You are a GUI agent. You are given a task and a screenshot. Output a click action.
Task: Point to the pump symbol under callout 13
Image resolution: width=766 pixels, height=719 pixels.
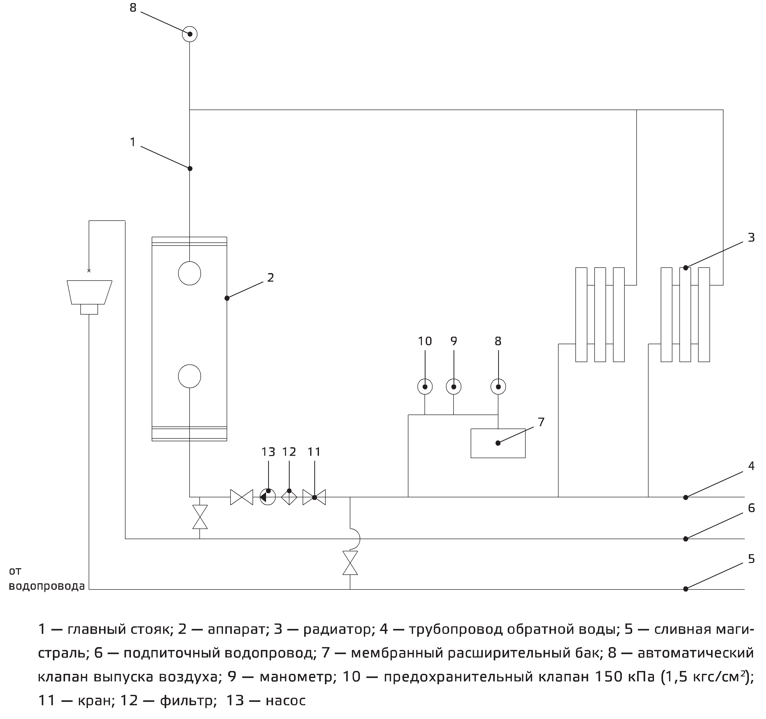click(x=268, y=497)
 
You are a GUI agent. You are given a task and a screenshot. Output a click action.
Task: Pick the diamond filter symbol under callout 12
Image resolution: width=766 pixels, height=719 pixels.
click(x=289, y=497)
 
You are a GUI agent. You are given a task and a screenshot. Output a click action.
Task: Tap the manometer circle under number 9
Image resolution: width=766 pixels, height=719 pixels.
click(x=454, y=387)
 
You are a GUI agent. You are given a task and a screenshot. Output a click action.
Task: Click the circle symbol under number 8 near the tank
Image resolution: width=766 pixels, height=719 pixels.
click(x=498, y=387)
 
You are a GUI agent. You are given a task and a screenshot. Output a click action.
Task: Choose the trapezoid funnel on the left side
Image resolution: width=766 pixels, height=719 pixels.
click(x=89, y=292)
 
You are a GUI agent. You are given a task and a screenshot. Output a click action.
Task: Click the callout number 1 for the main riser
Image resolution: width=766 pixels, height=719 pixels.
click(x=133, y=142)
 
